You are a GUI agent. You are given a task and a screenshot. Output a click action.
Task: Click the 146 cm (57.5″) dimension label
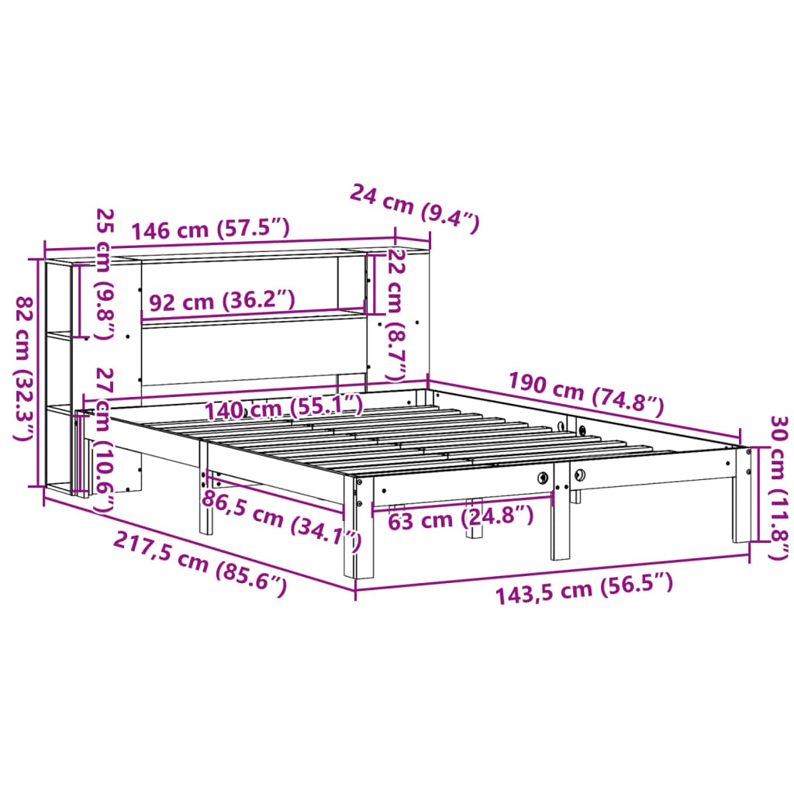(x=210, y=229)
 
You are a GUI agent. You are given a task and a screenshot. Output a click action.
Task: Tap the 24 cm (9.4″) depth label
(x=415, y=208)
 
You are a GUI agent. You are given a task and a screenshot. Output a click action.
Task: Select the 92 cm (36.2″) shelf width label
(x=222, y=300)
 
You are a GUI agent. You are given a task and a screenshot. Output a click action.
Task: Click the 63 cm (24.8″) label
(x=461, y=517)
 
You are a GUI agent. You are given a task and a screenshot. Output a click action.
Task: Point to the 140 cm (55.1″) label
(x=283, y=406)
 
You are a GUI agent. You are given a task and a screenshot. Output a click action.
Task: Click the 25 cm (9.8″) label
(x=103, y=273)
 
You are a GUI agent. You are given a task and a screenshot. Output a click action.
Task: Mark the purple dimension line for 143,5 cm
(x=551, y=574)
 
